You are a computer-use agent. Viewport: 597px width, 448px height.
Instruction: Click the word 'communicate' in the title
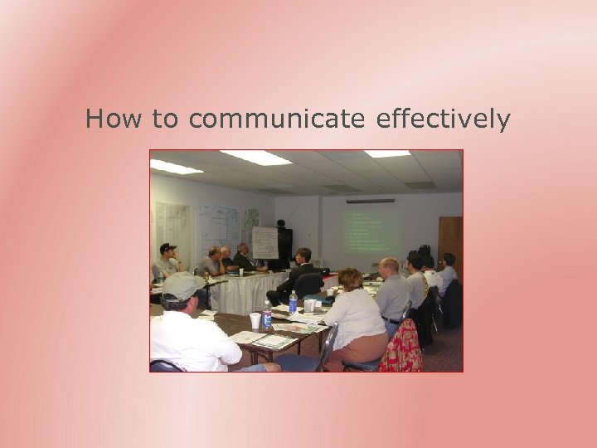tap(277, 119)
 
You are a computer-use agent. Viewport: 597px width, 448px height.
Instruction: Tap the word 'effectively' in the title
tap(443, 119)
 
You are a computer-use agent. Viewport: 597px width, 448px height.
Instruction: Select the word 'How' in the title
tap(114, 119)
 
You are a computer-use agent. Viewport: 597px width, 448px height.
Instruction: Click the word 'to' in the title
tap(165, 119)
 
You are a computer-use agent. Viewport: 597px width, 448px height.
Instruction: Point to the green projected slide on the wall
tap(371, 231)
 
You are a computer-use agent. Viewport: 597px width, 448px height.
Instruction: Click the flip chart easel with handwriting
tap(265, 243)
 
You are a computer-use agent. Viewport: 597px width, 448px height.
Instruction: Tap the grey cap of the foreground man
tap(182, 285)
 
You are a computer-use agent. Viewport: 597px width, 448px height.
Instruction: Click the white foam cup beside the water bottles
tap(255, 320)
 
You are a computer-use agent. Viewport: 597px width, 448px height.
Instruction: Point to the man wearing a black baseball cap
tap(166, 261)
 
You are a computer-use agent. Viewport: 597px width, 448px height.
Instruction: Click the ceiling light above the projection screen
tap(387, 153)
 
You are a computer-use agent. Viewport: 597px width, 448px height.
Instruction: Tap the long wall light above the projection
tap(370, 201)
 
